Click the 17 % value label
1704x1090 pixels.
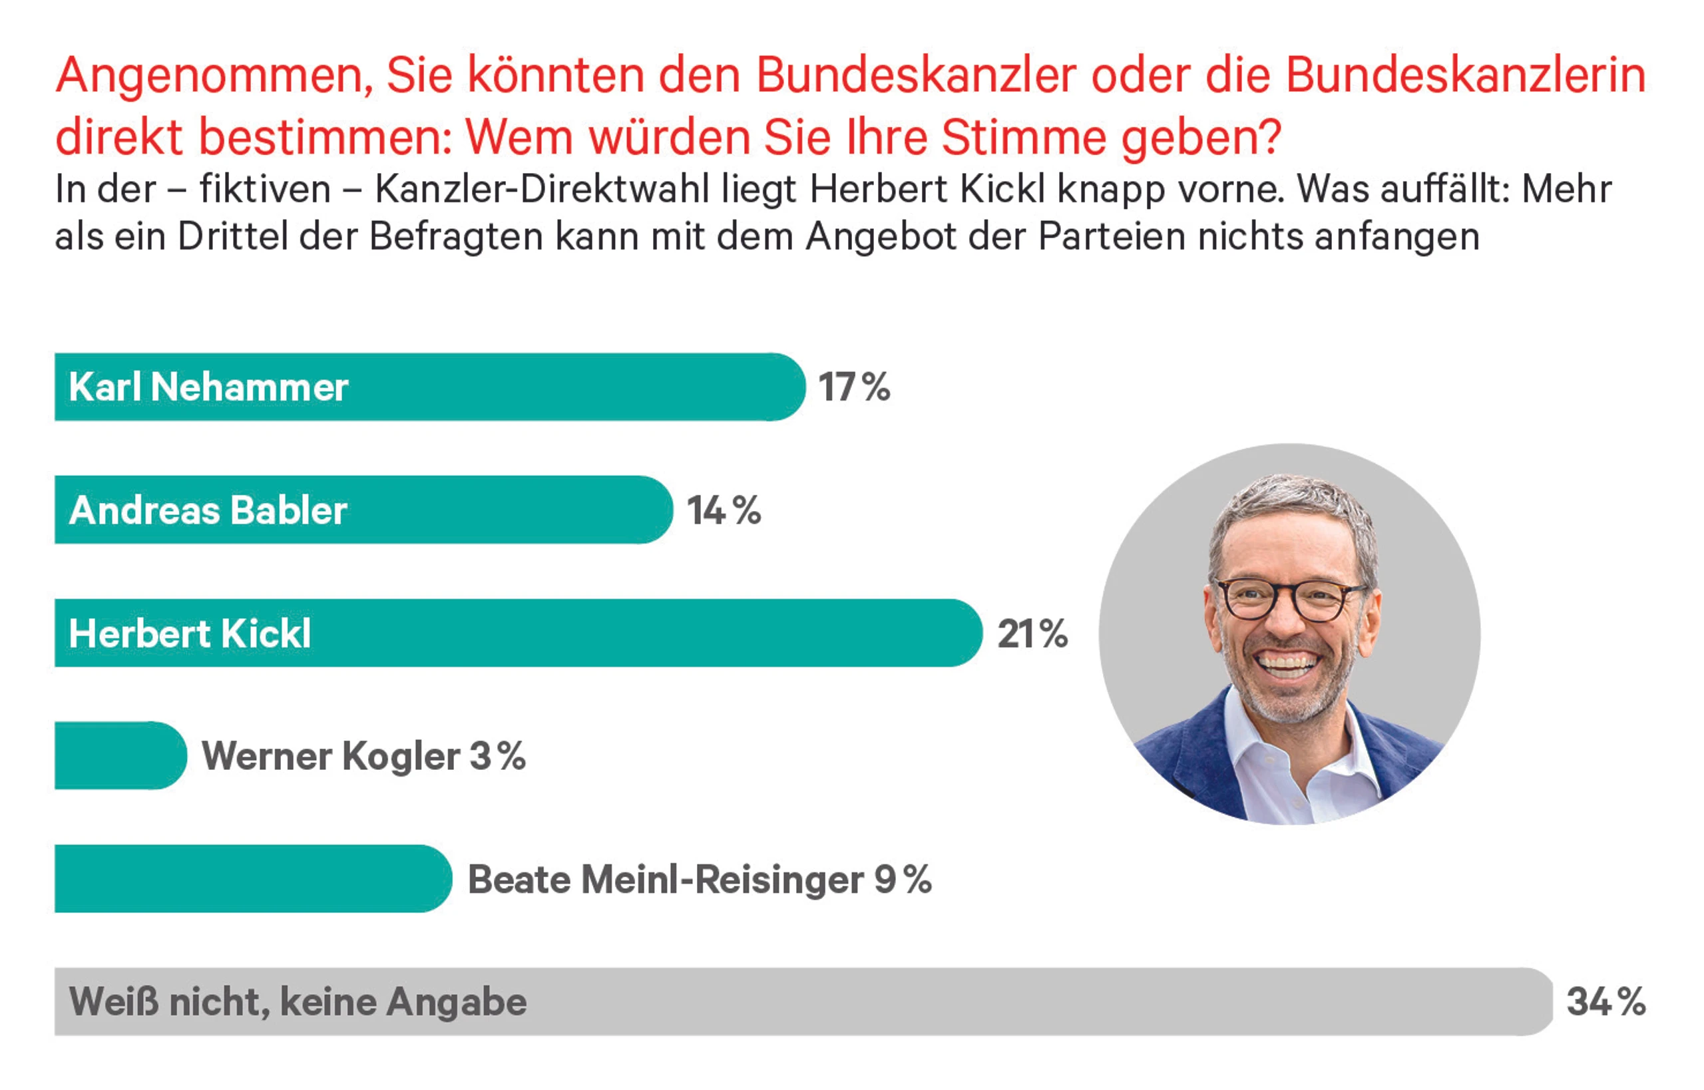click(x=854, y=388)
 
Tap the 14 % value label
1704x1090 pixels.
click(x=724, y=510)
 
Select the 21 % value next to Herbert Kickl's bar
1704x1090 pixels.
click(x=1032, y=634)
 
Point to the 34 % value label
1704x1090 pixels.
click(x=1605, y=1002)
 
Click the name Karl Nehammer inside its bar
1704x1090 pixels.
click(x=208, y=388)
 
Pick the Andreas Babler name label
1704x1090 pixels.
click(x=208, y=510)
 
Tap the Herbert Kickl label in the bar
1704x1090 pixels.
click(x=190, y=634)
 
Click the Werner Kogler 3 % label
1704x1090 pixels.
click(x=364, y=757)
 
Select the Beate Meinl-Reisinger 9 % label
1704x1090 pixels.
click(x=700, y=880)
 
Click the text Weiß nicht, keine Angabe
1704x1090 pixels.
click(x=298, y=1002)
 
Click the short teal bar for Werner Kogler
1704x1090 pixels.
click(x=116, y=756)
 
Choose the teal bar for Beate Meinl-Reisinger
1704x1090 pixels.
click(x=248, y=879)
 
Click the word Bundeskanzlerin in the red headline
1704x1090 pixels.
click(x=1466, y=75)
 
